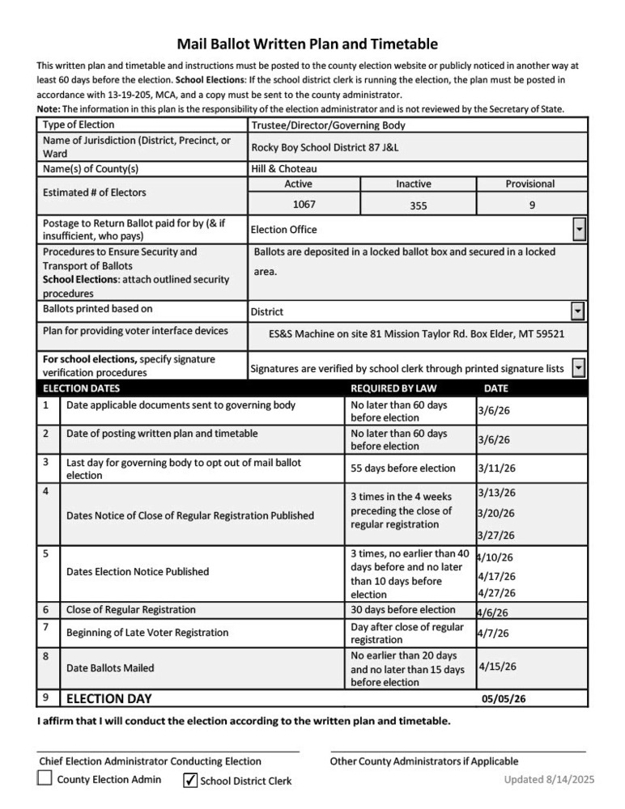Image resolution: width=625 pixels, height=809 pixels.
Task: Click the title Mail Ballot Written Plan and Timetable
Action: (x=307, y=44)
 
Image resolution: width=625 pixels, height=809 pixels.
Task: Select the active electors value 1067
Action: (x=304, y=205)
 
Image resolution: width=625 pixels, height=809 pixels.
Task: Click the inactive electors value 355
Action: (x=418, y=205)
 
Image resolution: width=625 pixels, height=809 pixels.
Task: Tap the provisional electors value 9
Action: (x=531, y=205)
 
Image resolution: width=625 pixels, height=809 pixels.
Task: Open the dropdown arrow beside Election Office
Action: (x=579, y=230)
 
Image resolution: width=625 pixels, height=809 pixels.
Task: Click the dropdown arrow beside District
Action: (x=578, y=311)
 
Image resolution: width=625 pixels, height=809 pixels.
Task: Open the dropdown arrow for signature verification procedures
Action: (x=578, y=368)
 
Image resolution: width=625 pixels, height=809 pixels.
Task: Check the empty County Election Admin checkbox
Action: (x=45, y=779)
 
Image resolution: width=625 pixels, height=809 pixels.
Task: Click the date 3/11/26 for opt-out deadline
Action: (x=496, y=468)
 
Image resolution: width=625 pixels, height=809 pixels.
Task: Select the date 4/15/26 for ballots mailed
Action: (x=497, y=667)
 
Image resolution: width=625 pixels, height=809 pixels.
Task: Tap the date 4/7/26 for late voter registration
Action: (x=492, y=633)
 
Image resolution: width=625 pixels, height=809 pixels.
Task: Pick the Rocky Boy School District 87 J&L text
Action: (x=325, y=148)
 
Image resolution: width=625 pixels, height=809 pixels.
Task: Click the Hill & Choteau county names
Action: (x=283, y=169)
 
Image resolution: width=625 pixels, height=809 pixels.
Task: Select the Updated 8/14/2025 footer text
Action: (x=549, y=779)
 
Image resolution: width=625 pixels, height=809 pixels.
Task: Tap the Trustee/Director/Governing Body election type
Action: (x=328, y=125)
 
